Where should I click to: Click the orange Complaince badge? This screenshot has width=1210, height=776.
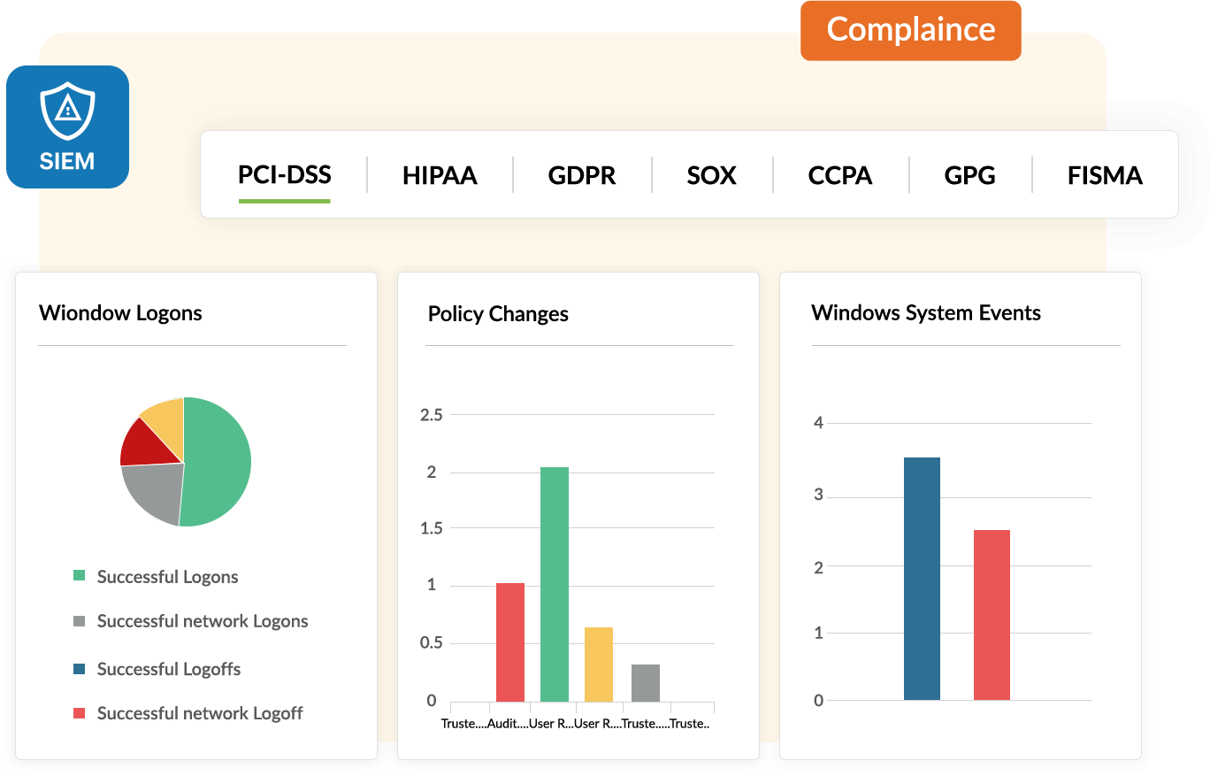coord(910,30)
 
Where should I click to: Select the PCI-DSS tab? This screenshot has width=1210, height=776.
coord(284,174)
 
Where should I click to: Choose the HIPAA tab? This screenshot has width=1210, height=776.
coord(440,175)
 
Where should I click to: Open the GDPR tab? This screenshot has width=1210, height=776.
coord(581,175)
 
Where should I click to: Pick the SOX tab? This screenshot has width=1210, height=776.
coord(711,175)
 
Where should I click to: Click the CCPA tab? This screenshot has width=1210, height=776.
coord(839,175)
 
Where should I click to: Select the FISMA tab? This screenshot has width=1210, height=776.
coord(1105,175)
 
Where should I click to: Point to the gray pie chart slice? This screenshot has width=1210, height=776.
coord(156,491)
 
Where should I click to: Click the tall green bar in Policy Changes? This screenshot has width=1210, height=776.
coord(555,584)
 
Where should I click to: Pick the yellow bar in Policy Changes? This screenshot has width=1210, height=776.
coord(599,664)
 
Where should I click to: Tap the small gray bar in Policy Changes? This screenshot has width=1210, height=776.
coord(646,682)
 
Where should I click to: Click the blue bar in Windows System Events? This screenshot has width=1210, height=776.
coord(922,579)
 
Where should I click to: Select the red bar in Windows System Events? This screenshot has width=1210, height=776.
coord(992,615)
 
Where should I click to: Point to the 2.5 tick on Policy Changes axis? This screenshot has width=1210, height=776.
coord(432,414)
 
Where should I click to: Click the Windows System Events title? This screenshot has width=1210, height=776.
coord(926,312)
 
